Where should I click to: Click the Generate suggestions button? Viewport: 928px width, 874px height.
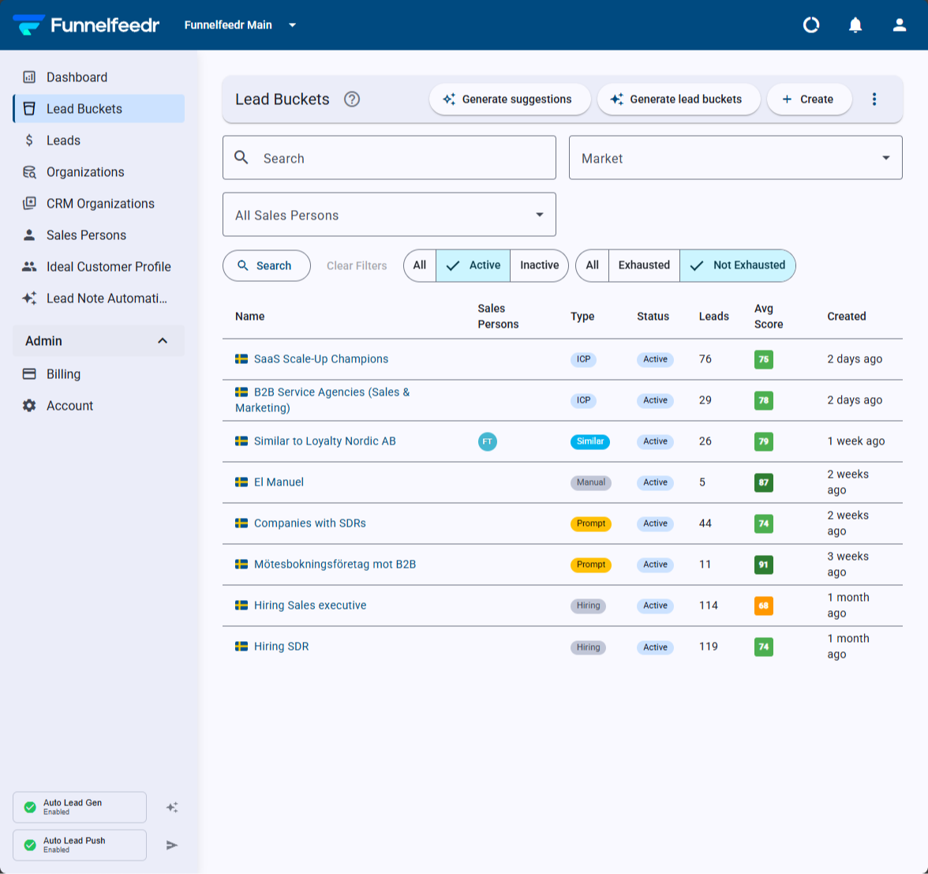pos(510,99)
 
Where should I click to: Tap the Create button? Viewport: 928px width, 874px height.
pos(809,99)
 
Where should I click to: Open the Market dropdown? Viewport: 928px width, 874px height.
pos(735,158)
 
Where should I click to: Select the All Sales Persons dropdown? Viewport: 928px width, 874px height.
pos(389,215)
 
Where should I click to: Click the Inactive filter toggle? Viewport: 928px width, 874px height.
pos(539,265)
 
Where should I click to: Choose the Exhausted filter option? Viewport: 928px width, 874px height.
pos(644,265)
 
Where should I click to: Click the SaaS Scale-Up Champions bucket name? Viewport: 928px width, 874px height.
pos(320,358)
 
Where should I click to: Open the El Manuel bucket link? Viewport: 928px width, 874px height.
pos(279,482)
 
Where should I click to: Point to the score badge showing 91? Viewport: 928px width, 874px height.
pos(764,565)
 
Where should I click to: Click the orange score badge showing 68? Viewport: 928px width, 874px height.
pos(764,606)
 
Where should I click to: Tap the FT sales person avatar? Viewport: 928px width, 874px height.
pos(487,441)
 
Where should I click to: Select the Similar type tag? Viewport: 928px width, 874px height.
pos(590,441)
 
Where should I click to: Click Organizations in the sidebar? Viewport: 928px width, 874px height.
pos(85,172)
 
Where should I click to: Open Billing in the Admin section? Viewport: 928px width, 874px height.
pos(63,374)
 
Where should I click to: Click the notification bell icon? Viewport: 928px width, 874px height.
pos(855,25)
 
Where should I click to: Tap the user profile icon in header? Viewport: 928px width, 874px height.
pos(900,25)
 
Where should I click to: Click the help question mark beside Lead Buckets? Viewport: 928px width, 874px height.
pos(352,99)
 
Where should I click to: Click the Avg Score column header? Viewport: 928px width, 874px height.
pos(769,316)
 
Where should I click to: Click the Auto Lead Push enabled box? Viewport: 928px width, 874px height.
pos(80,845)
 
